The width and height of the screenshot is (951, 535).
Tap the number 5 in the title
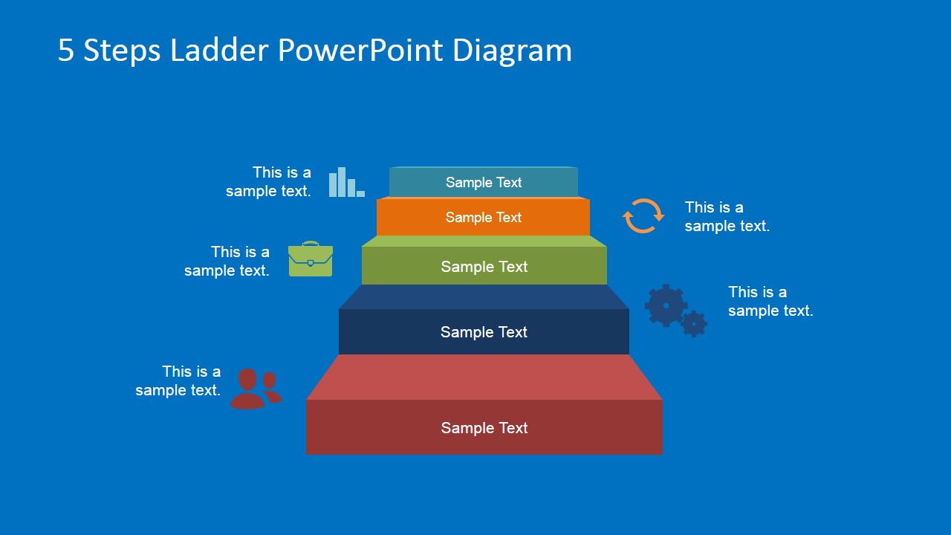(66, 51)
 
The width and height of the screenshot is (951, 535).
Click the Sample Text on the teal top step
(484, 183)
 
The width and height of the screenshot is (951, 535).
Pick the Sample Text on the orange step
(484, 218)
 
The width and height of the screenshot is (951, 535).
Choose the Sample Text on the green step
(484, 267)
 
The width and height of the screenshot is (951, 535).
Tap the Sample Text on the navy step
(484, 332)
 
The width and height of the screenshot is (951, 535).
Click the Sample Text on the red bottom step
(484, 428)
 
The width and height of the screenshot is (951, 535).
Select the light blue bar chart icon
(346, 183)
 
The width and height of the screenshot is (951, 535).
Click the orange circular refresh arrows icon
(643, 216)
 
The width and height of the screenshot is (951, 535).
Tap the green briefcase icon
(310, 259)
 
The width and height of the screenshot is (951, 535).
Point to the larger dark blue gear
(666, 305)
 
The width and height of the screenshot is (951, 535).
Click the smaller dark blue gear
(694, 324)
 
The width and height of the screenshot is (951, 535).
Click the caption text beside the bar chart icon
(269, 181)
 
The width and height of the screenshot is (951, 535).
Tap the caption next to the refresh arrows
(727, 216)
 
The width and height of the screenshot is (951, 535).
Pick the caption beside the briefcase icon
(227, 261)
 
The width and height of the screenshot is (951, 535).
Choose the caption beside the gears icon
(770, 301)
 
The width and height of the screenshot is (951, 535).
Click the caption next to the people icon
(178, 380)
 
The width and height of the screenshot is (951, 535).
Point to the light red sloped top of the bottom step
(484, 377)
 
